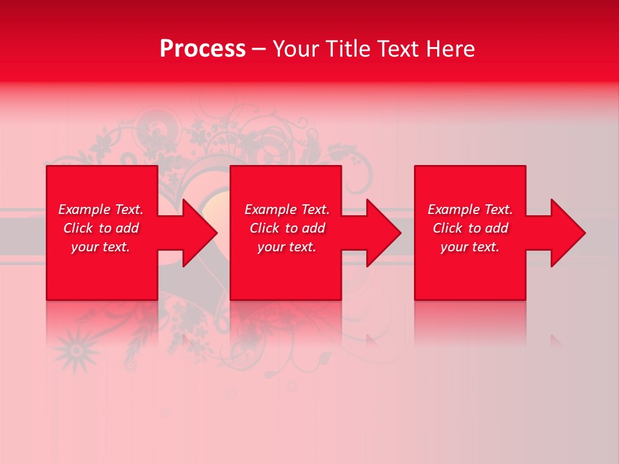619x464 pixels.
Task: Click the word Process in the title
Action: point(202,49)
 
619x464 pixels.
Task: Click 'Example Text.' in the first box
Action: point(101,209)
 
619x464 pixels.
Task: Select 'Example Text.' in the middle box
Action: point(287,209)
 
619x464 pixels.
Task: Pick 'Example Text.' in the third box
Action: point(470,209)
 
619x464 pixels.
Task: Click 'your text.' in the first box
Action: point(101,247)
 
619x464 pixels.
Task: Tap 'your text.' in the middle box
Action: point(287,247)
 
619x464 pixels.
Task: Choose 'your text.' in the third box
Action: point(470,247)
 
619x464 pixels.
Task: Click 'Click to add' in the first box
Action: point(101,228)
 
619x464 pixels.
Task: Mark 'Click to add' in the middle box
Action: point(287,228)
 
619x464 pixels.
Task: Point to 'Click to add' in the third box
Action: point(470,228)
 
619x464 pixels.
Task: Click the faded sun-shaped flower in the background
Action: point(77,349)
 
